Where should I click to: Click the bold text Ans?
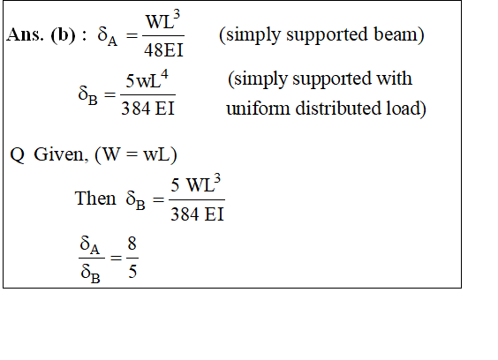(x=25, y=34)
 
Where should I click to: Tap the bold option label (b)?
(x=64, y=34)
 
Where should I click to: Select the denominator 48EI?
(x=163, y=49)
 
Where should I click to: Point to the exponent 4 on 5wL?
(x=164, y=75)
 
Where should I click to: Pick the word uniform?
(x=258, y=109)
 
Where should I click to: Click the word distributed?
(x=338, y=109)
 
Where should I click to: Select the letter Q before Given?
(x=17, y=155)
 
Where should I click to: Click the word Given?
(x=59, y=154)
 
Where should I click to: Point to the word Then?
(x=95, y=199)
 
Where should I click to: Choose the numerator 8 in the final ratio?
(x=132, y=244)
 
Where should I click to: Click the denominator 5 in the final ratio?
(x=132, y=272)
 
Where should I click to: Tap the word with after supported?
(x=394, y=79)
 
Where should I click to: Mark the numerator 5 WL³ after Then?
(x=196, y=184)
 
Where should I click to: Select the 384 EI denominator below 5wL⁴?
(x=147, y=109)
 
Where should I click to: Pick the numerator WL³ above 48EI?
(x=163, y=20)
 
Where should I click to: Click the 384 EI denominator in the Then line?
(x=197, y=214)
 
